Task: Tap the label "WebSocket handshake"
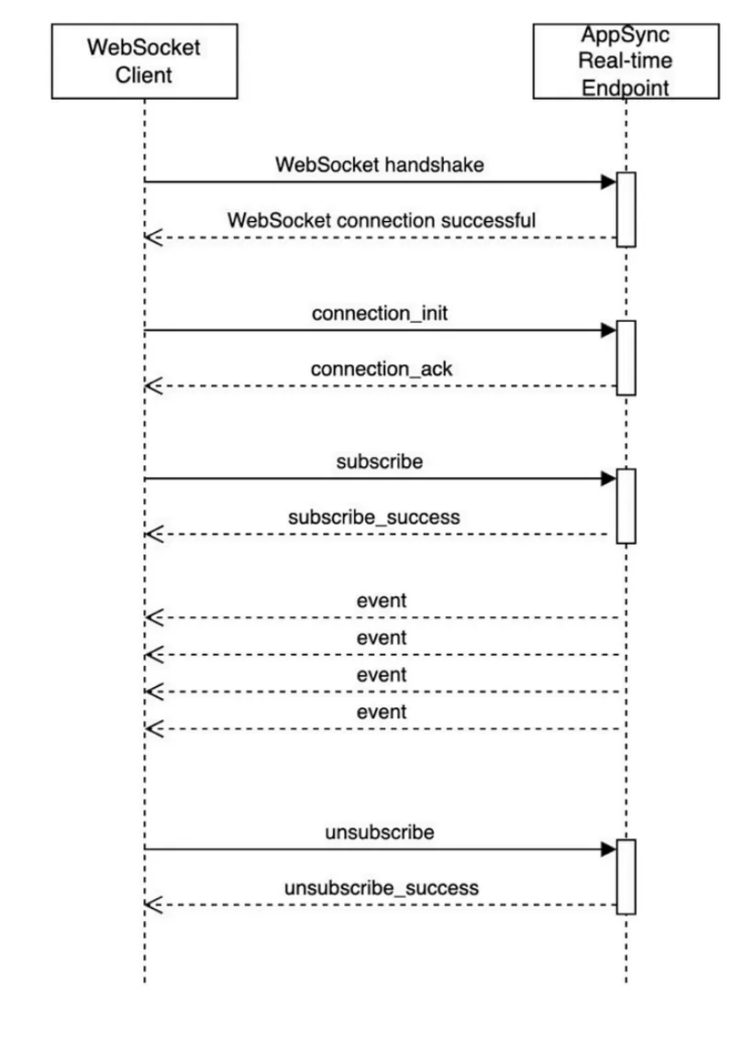pos(380,165)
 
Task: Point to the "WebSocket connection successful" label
pos(382,220)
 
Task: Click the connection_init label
pos(380,313)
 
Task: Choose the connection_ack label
pos(382,369)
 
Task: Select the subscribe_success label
pos(373,517)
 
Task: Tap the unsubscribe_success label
pos(382,888)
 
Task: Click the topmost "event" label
pos(382,601)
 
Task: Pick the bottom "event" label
pos(382,712)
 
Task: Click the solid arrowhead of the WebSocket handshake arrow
pos(609,182)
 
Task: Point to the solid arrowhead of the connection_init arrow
pos(609,329)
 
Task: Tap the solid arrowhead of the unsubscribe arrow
pos(609,848)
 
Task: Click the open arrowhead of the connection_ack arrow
pos(153,385)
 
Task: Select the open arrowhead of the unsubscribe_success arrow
pos(153,904)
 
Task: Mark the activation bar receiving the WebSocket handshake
pos(626,209)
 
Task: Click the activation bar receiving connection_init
pos(626,358)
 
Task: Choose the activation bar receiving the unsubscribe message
pos(626,877)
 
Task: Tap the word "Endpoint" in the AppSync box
pos(626,88)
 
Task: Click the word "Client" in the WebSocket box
pos(143,74)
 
